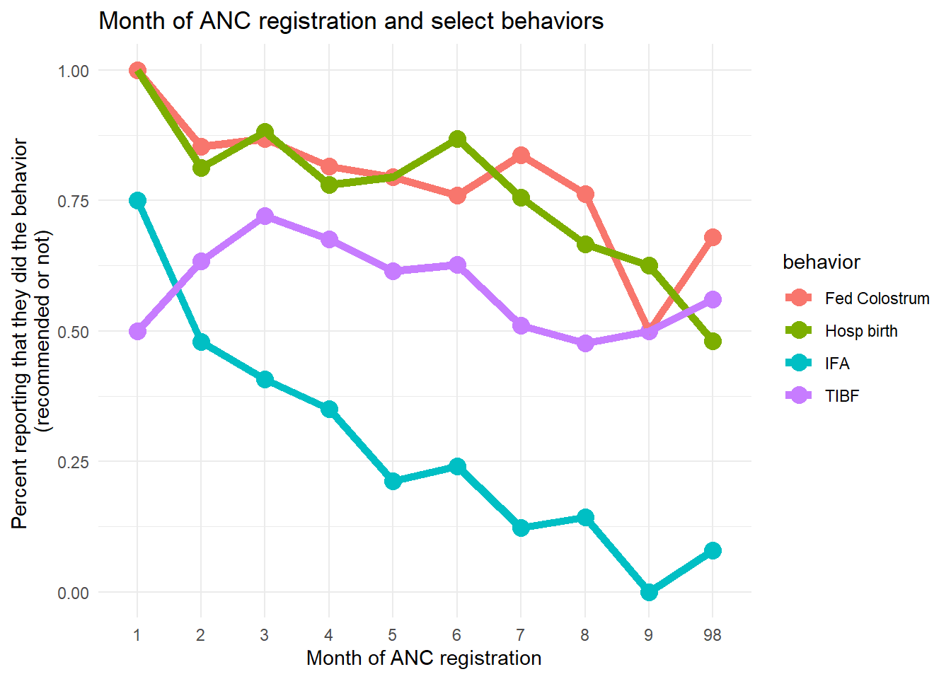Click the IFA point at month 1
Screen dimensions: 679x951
pyautogui.click(x=137, y=201)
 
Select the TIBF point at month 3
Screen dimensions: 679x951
pyautogui.click(x=265, y=216)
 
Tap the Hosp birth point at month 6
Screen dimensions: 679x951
pyautogui.click(x=457, y=139)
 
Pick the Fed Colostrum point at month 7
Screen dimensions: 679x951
pyautogui.click(x=521, y=156)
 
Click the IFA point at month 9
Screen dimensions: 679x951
pyautogui.click(x=649, y=592)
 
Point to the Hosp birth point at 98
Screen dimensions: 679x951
pyautogui.click(x=713, y=342)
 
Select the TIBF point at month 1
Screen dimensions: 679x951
pyautogui.click(x=137, y=331)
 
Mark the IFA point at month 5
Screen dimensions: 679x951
pyautogui.click(x=393, y=482)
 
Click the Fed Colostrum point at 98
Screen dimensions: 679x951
pyautogui.click(x=713, y=238)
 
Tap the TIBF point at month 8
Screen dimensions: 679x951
pyautogui.click(x=585, y=344)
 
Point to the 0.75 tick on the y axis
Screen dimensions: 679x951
pyautogui.click(x=73, y=201)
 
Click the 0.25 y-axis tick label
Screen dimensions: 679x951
pyautogui.click(x=73, y=462)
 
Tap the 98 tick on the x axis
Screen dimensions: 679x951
pyautogui.click(x=713, y=635)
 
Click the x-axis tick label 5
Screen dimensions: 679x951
pyautogui.click(x=393, y=635)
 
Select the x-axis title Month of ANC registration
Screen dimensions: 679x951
pyautogui.click(x=424, y=658)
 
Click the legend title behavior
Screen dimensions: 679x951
pyautogui.click(x=821, y=262)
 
